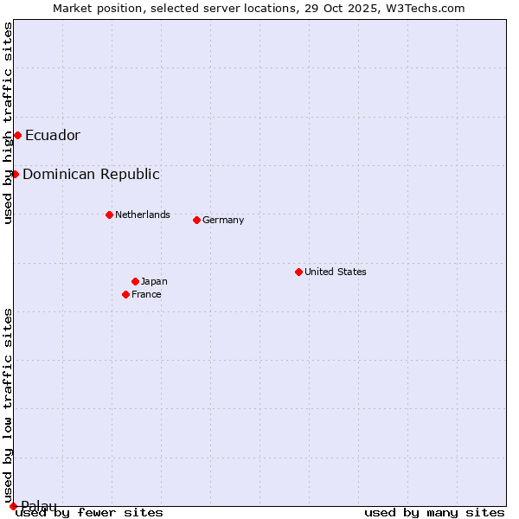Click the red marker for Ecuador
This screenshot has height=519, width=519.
17,135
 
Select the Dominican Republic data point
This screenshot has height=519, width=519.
15,174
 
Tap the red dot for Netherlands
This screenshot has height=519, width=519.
109,215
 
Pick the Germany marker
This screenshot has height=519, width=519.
196,220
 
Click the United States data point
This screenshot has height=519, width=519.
298,272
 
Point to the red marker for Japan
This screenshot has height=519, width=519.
135,281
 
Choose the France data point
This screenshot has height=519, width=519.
125,294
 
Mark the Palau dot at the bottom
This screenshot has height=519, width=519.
13,506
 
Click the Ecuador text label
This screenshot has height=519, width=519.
53,135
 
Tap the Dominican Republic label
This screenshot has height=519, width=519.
91,174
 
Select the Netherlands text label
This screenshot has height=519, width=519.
143,215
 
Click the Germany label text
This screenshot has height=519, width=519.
223,220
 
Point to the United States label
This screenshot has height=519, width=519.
336,272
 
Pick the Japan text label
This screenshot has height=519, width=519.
154,281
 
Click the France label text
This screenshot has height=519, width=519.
146,294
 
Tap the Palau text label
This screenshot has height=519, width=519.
39,506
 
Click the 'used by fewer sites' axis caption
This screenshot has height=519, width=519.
90,513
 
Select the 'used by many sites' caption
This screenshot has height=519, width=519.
434,513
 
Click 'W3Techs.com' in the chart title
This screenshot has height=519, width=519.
426,8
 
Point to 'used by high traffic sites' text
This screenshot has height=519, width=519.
8,124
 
